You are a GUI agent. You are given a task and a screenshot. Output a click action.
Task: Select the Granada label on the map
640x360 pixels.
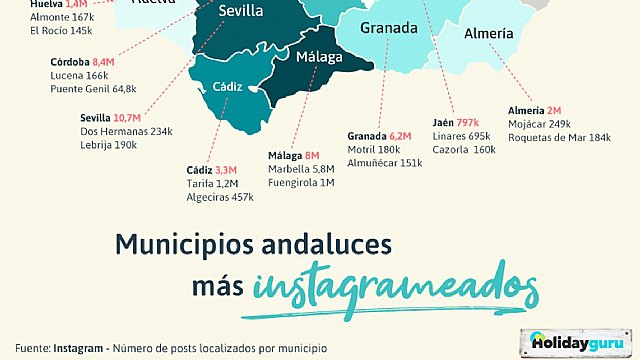pyautogui.click(x=389, y=28)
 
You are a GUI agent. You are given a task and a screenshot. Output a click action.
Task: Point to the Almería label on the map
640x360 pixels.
pyautogui.click(x=489, y=34)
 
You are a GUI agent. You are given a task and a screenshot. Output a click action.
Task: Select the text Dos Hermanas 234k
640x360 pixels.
pyautogui.click(x=126, y=131)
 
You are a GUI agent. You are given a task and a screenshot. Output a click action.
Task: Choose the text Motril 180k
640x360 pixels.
pyautogui.click(x=374, y=149)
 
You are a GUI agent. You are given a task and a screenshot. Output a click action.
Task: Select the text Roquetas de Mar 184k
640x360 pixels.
pyautogui.click(x=559, y=137)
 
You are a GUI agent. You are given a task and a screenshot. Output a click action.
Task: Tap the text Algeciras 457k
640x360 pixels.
pyautogui.click(x=220, y=198)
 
